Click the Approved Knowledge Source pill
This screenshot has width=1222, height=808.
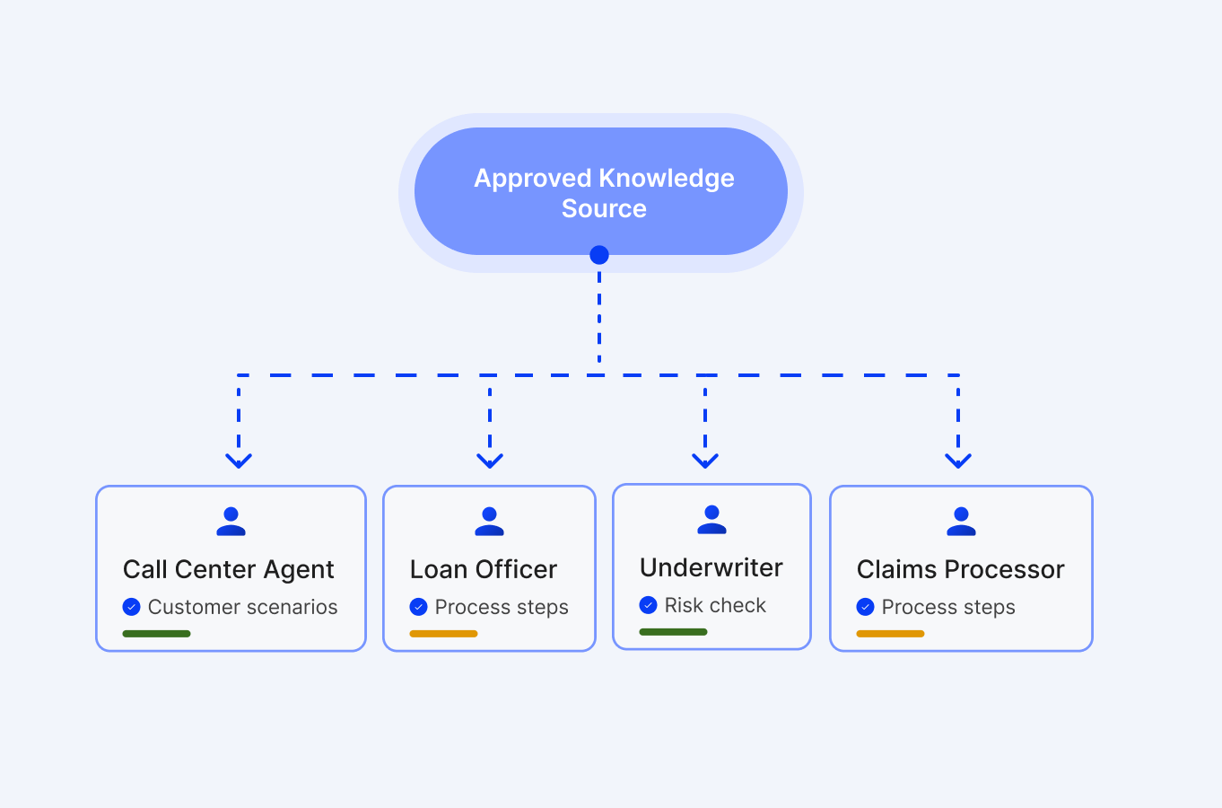[x=601, y=192]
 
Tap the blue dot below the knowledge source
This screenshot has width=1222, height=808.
[x=599, y=255]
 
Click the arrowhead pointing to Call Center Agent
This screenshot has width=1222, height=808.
[x=239, y=461]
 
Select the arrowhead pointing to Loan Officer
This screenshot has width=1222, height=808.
[x=490, y=461]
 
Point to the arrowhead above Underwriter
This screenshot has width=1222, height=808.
[x=705, y=461]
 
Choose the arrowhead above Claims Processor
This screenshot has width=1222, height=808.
[x=958, y=461]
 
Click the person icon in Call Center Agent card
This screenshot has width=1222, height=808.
[x=231, y=522]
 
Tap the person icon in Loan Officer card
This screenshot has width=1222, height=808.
[x=489, y=522]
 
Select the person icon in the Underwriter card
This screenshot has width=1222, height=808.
[x=711, y=520]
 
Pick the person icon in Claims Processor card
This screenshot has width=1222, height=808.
[x=961, y=522]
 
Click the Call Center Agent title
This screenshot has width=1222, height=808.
[x=229, y=569]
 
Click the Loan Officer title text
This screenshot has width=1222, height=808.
[x=484, y=569]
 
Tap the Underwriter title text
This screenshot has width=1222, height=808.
[x=711, y=567]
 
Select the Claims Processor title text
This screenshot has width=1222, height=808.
[x=961, y=569]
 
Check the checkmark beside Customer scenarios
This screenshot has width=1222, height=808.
[x=132, y=607]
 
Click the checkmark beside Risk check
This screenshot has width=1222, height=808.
[x=649, y=605]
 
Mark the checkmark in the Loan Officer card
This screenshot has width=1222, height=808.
[x=419, y=607]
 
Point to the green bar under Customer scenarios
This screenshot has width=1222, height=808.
[x=157, y=634]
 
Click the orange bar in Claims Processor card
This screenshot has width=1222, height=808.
[x=891, y=634]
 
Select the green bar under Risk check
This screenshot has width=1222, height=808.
[x=674, y=632]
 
